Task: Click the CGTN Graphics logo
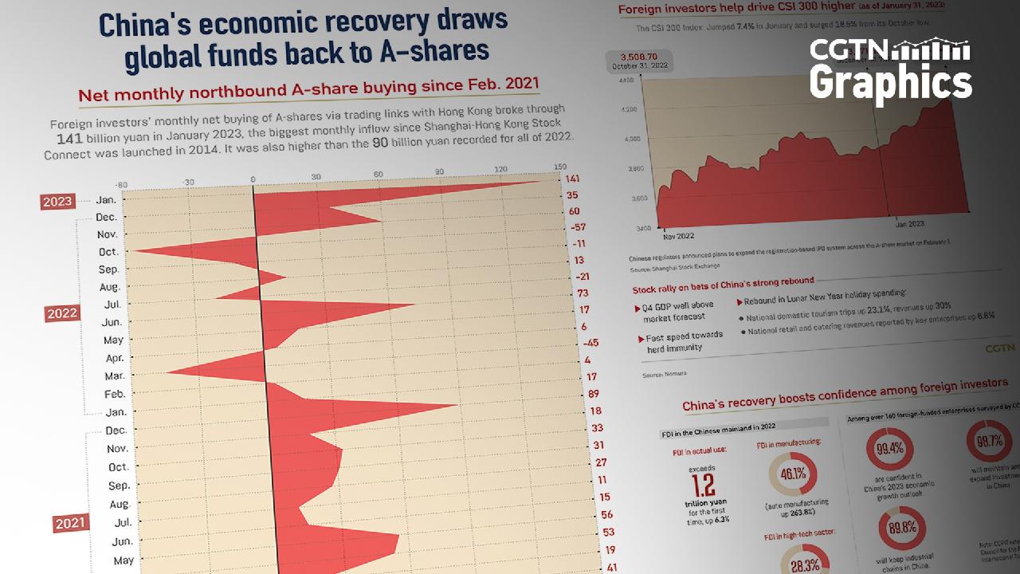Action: pos(890,70)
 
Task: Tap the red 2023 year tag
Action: pos(58,202)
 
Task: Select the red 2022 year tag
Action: pos(62,313)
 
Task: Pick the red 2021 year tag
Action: pos(71,524)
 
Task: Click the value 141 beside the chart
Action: pos(571,179)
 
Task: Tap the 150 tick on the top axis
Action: pos(559,167)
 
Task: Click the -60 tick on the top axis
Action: pos(121,183)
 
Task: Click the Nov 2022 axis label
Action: pos(679,236)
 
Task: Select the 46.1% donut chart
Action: pos(787,474)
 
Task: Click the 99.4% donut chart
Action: pos(889,448)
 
